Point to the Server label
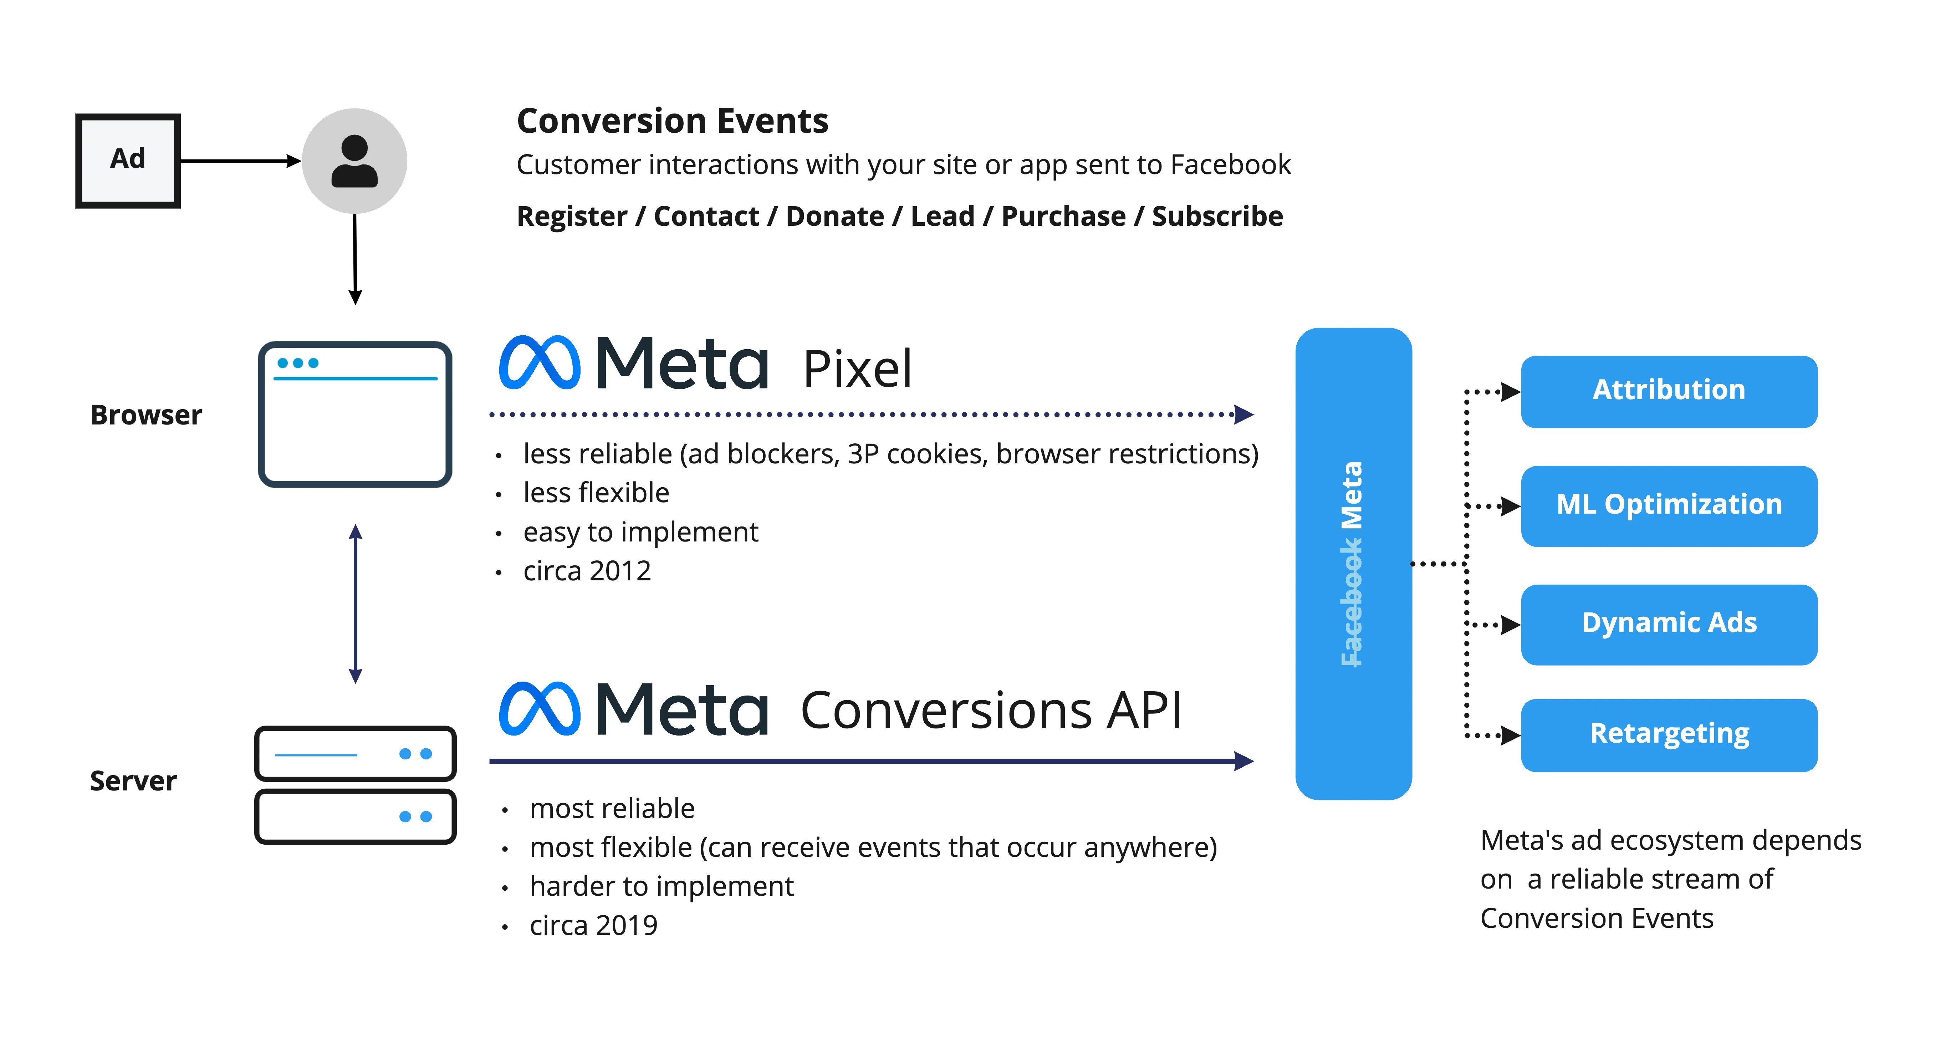pyautogui.click(x=133, y=781)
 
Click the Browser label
pyautogui.click(x=146, y=415)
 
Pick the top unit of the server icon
pyautogui.click(x=355, y=754)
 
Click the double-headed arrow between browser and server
pyautogui.click(x=355, y=604)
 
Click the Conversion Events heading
pyautogui.click(x=672, y=121)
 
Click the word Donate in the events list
pyautogui.click(x=834, y=217)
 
